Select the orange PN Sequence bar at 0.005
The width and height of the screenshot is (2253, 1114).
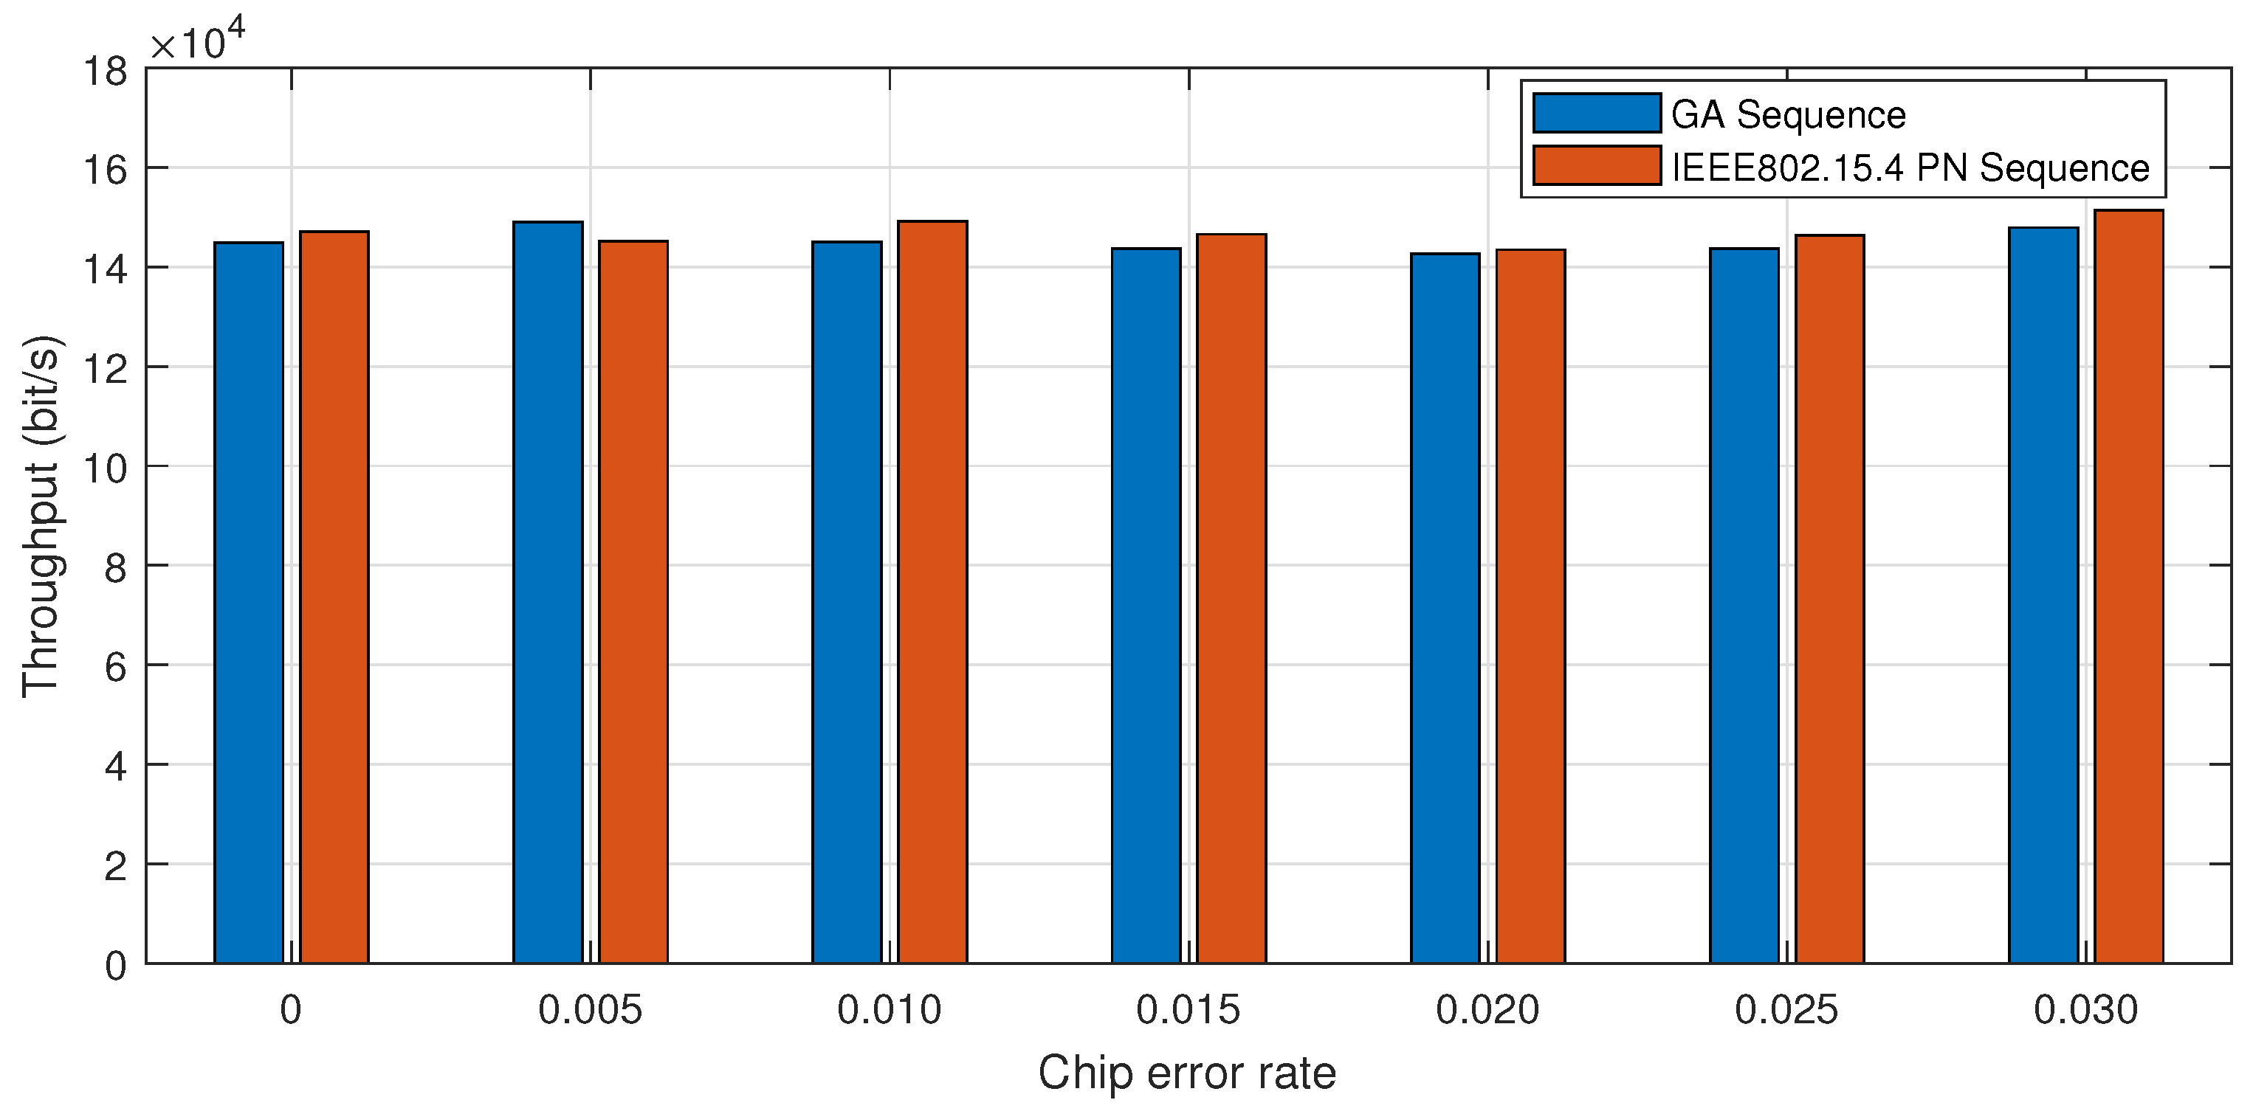pyautogui.click(x=633, y=603)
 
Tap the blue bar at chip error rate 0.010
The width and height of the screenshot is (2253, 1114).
pyautogui.click(x=847, y=603)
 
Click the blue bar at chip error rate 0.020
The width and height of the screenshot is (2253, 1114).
pyautogui.click(x=1445, y=609)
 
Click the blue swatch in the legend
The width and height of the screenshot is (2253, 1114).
pyautogui.click(x=1596, y=114)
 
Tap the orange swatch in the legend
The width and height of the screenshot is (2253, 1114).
pyautogui.click(x=1596, y=166)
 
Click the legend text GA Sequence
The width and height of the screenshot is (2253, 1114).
pyautogui.click(x=1788, y=115)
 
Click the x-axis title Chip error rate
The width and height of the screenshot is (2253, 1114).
pyautogui.click(x=1187, y=1073)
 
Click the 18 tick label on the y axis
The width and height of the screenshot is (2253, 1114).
pyautogui.click(x=105, y=72)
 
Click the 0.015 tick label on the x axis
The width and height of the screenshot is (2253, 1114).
pyautogui.click(x=1188, y=1011)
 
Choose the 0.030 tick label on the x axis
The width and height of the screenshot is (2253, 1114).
pyautogui.click(x=2085, y=1011)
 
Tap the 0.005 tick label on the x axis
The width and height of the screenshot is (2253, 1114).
pyautogui.click(x=590, y=1011)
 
